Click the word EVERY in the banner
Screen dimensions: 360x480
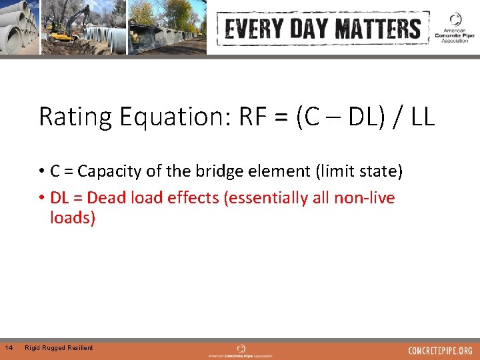pos(251,29)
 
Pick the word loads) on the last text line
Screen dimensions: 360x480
pos(73,218)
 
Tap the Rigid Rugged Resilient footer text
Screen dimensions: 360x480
pos(59,348)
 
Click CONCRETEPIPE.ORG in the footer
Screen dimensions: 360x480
pos(440,350)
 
